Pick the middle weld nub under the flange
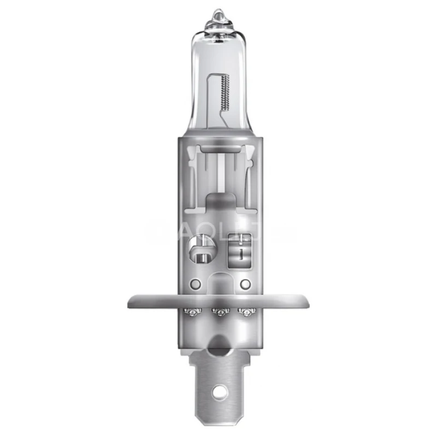(x=218, y=312)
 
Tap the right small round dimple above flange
(x=245, y=284)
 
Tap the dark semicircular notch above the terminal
(x=218, y=343)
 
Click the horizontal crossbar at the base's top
(x=218, y=149)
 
